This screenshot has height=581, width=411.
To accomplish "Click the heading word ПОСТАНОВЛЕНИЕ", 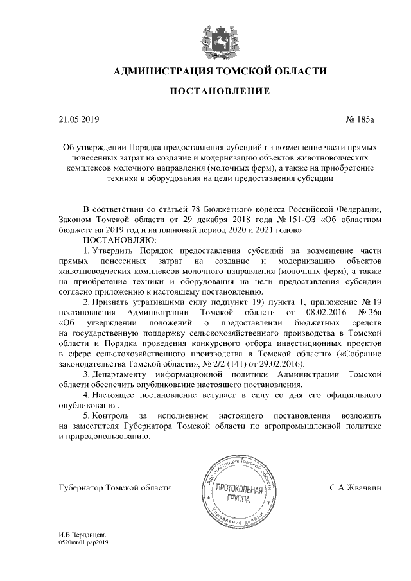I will (219, 92).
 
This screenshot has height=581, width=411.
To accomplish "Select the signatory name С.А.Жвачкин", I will (355, 488).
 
